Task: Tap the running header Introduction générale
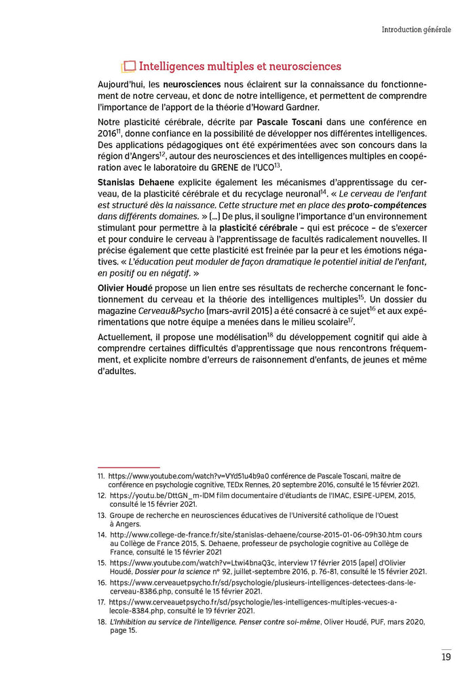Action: (416, 29)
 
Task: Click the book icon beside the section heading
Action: (128, 66)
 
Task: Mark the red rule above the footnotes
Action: (128, 467)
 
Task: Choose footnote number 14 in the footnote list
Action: (102, 535)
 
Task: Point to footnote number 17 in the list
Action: (102, 601)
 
